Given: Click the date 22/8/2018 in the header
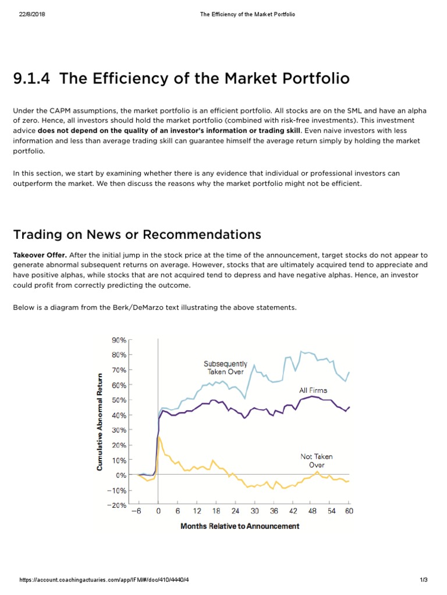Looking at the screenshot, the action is point(32,14).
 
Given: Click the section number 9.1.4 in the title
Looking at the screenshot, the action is point(31,78).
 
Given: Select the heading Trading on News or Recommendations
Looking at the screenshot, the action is point(137,235).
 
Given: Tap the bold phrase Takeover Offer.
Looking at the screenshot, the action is point(40,255).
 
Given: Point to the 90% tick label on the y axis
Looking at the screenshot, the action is point(119,340).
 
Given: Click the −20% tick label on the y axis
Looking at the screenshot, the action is point(116,505).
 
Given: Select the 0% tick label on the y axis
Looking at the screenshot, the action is point(121,475).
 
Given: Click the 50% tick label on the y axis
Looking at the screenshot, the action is point(119,400).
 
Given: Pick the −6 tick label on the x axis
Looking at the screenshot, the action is point(136,511).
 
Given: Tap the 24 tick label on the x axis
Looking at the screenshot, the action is point(235,511).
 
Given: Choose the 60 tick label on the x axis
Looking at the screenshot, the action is point(349,511).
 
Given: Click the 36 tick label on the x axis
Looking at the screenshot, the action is point(274,511).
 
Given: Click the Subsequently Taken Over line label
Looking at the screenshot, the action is point(225,368).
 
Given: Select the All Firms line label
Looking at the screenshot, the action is point(313,390).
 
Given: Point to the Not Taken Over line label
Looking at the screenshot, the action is point(316,461).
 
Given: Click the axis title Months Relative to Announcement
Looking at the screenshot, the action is point(240,526).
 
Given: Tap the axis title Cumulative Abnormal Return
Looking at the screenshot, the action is point(100,422).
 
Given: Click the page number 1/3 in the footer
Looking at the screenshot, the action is point(424,579).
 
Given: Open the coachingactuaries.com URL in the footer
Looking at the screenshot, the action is point(104,579).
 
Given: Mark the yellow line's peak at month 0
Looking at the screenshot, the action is point(158,437).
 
